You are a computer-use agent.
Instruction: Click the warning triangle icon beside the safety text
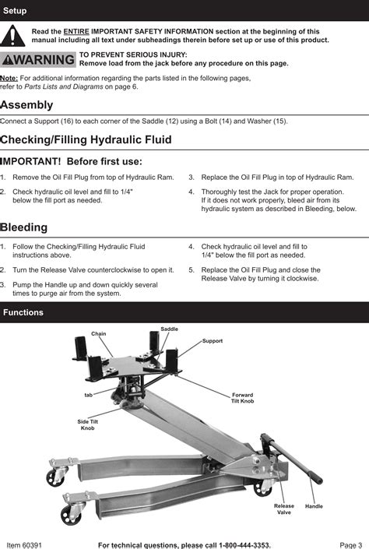click(x=12, y=35)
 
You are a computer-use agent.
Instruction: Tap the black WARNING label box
click(x=38, y=60)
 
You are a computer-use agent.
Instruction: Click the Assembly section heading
click(x=26, y=105)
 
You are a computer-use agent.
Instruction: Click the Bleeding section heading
click(x=24, y=227)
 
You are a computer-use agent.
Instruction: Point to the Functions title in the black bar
click(x=23, y=312)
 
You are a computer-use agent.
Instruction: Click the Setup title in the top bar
click(x=15, y=10)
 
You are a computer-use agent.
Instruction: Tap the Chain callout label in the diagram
click(x=99, y=333)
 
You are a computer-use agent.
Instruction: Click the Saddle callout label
click(x=169, y=329)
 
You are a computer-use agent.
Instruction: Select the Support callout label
click(x=213, y=341)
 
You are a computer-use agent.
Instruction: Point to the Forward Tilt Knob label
click(x=243, y=398)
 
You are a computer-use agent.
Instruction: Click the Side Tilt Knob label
click(x=88, y=424)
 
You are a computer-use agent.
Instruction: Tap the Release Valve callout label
click(x=284, y=509)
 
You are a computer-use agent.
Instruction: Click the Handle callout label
click(x=314, y=506)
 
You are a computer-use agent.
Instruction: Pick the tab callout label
click(x=89, y=395)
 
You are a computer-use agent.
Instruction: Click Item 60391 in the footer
click(x=24, y=544)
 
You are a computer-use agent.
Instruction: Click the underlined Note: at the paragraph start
click(x=9, y=79)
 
